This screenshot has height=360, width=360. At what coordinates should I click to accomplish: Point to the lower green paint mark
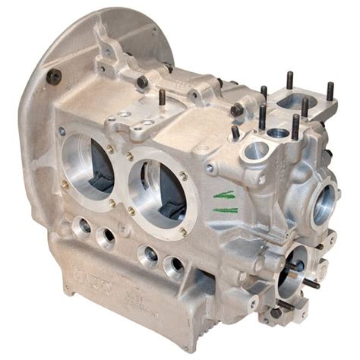225,209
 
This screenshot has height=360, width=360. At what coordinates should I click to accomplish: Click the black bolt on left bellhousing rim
53,76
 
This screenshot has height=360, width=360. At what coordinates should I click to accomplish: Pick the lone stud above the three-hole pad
162,97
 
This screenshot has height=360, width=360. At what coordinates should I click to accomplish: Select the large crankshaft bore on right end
326,201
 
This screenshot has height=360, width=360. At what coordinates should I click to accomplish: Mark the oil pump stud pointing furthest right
312,283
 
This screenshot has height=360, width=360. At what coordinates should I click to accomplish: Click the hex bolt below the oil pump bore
276,311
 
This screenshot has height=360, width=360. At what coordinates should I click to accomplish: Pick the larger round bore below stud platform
255,151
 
